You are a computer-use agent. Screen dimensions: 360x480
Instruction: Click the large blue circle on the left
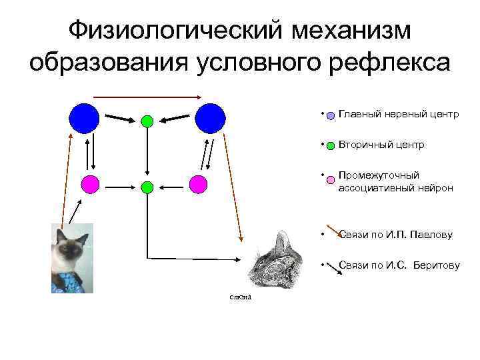coord(85,118)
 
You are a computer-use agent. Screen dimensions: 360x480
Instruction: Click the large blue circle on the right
coord(211,118)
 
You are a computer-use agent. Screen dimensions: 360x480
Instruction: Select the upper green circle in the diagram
coord(147,121)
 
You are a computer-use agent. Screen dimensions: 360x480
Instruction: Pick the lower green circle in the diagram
coord(147,187)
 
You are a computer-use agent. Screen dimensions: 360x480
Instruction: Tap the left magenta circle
coord(90,183)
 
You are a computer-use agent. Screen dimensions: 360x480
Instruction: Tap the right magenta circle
coord(198,183)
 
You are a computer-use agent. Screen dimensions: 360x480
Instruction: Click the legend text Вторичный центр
coord(381,145)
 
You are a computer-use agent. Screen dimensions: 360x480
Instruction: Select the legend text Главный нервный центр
coord(398,114)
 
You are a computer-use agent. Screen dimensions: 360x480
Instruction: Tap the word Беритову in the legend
coord(435,265)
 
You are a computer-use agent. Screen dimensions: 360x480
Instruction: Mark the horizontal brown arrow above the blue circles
coord(147,97)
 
